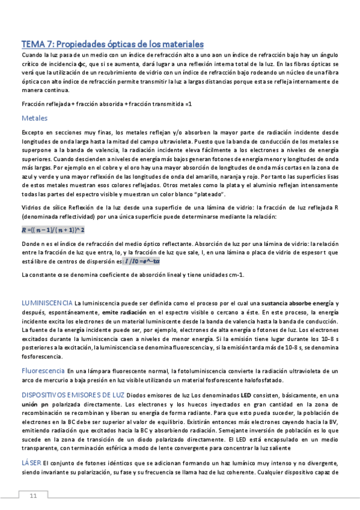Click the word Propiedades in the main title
click(x=85, y=45)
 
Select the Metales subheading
click(x=34, y=118)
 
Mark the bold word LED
click(x=246, y=395)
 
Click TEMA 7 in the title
click(x=39, y=45)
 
